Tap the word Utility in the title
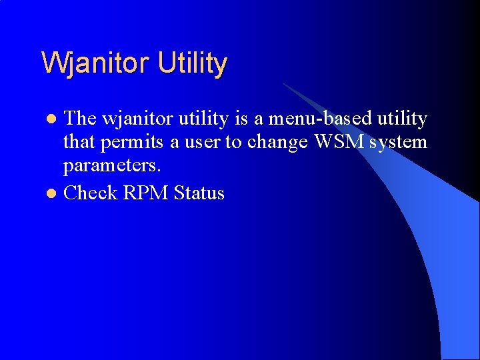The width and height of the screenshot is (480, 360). pyautogui.click(x=193, y=64)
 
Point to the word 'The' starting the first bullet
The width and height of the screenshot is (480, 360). pyautogui.click(x=80, y=119)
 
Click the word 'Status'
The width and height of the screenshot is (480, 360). pyautogui.click(x=199, y=193)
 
